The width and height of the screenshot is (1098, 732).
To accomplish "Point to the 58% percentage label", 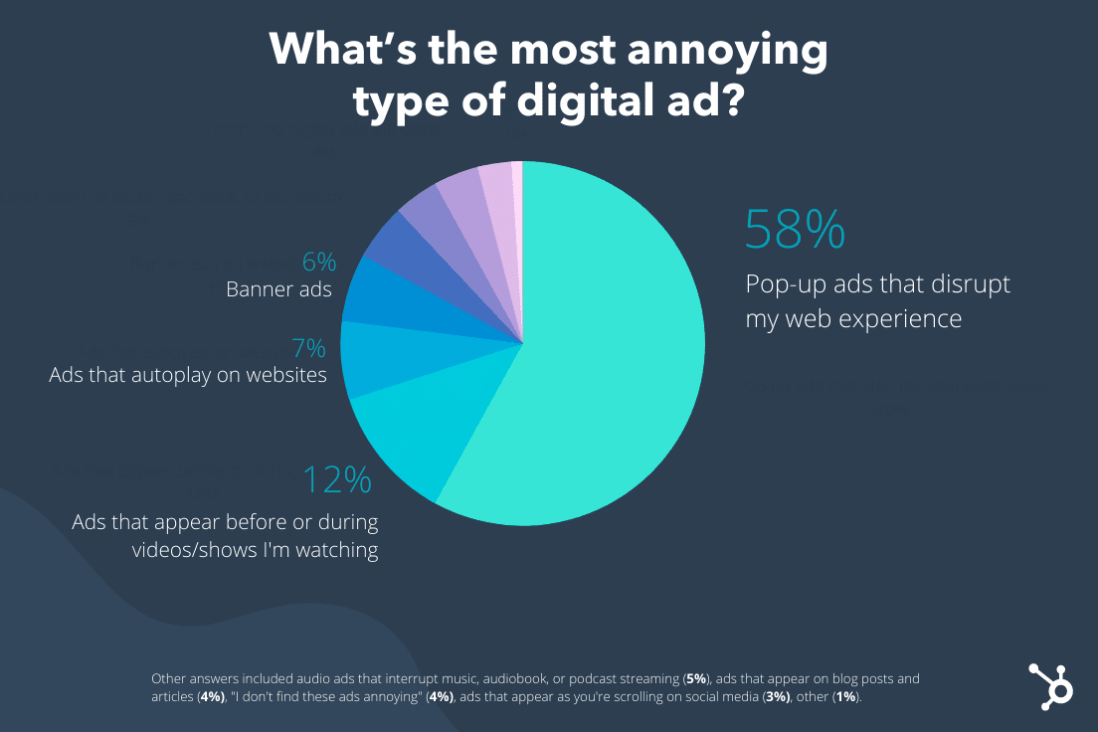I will (795, 230).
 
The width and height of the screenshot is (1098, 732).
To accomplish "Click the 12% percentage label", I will (337, 480).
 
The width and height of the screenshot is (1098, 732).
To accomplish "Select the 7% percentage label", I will (308, 348).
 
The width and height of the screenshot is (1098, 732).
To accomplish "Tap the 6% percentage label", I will (318, 263).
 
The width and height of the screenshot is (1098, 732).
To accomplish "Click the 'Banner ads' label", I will (278, 290).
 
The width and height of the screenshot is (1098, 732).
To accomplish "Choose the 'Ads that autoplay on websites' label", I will (188, 376).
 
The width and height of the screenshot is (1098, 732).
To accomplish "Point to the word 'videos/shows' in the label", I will (189, 550).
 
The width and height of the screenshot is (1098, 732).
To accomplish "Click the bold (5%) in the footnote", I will (696, 679).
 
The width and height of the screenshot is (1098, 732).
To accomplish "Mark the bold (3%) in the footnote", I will (776, 698).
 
